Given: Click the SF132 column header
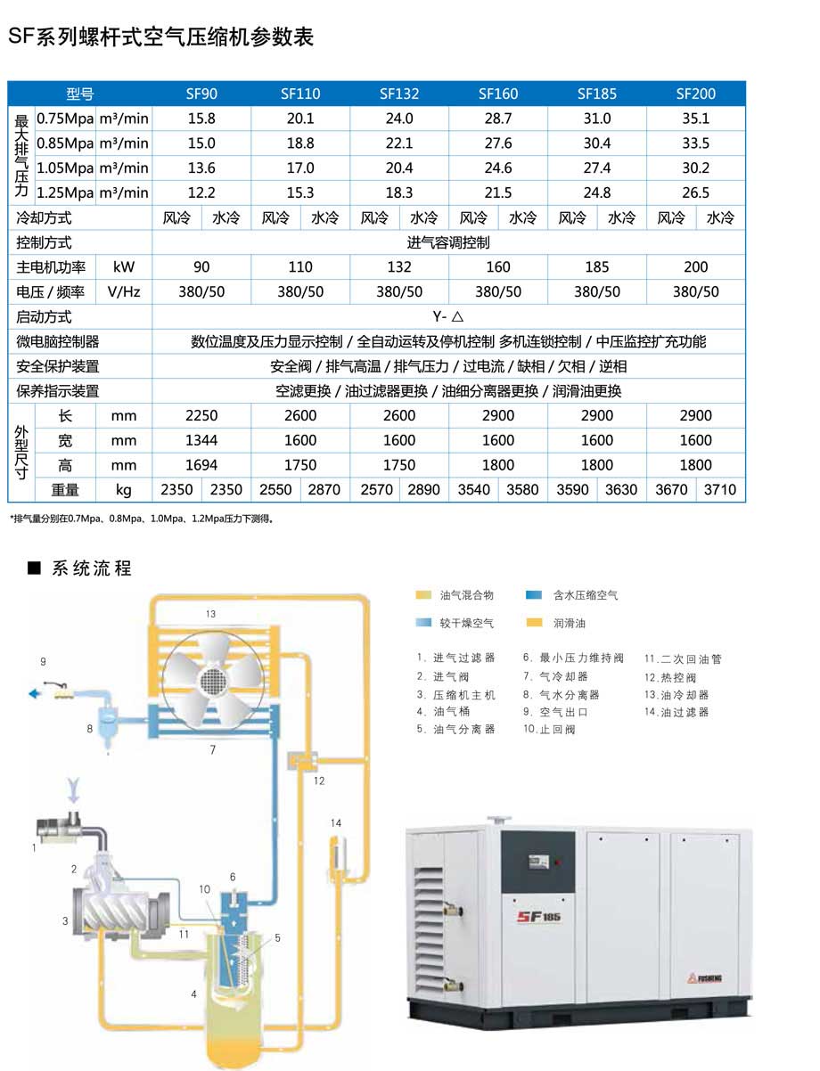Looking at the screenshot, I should coord(399,94).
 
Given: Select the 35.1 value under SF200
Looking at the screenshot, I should coord(695,119).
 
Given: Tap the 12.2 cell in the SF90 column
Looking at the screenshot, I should coord(201,192).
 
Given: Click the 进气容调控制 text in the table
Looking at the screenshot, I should coord(448,242).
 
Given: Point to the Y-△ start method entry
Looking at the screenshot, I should coord(448,316).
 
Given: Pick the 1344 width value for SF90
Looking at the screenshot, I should coord(201,440).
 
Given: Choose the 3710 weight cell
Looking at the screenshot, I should coord(720,489).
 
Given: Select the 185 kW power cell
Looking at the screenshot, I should coord(597,267).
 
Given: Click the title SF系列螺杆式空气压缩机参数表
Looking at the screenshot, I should coord(160,38).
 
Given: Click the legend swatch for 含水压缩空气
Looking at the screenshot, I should coord(534,595).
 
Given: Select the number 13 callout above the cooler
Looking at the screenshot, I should coord(211,614).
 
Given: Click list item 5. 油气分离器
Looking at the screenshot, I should coord(455,729).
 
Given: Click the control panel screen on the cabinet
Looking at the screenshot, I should coord(537,862).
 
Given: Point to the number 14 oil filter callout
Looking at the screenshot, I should coord(335,822).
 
